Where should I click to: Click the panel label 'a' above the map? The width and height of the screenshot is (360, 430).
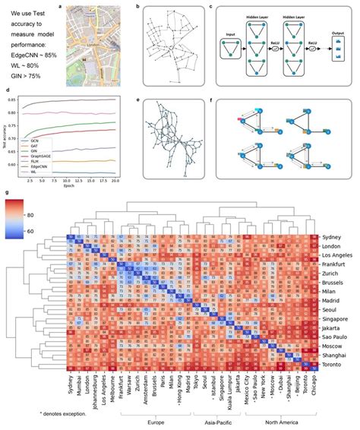pos(61,6)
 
